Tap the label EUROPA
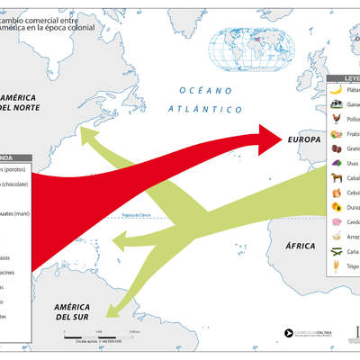304,140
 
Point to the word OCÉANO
201,91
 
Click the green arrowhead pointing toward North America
88,136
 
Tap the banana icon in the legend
336,90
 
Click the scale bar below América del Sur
99,335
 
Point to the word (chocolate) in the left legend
15,184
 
